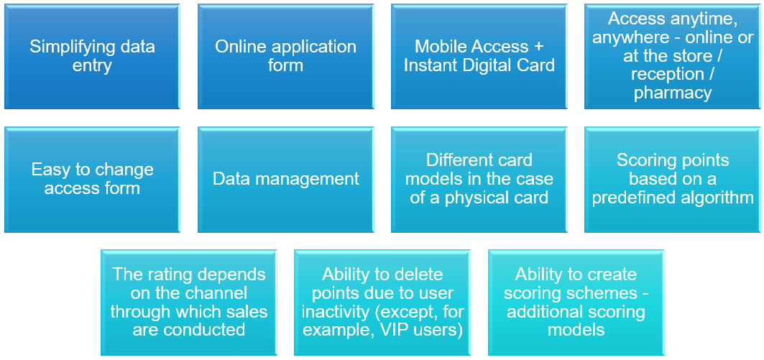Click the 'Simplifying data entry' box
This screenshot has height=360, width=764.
pyautogui.click(x=92, y=57)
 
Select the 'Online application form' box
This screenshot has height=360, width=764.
pyautogui.click(x=285, y=57)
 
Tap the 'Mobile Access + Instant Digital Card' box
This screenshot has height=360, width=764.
pyautogui.click(x=479, y=57)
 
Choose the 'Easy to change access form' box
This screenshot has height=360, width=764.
pyautogui.click(x=92, y=180)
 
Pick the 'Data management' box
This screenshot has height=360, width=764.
pyautogui.click(x=285, y=180)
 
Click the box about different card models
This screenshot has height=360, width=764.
pyautogui.click(x=479, y=180)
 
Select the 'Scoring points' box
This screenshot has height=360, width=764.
pyautogui.click(x=673, y=180)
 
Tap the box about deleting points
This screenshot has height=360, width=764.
pyautogui.click(x=382, y=303)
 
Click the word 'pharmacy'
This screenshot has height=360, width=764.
pyautogui.click(x=673, y=93)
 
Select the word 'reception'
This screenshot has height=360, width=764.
pyautogui.click(x=667, y=75)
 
